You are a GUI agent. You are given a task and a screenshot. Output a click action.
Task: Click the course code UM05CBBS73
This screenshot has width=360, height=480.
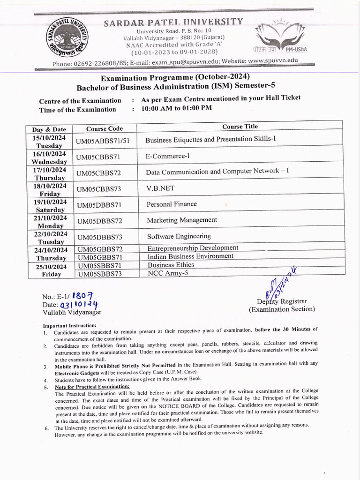tap(98, 189)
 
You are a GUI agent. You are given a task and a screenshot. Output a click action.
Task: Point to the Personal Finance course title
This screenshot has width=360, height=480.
tap(172, 204)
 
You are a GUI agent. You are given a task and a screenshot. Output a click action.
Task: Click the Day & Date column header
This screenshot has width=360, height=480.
tap(49, 129)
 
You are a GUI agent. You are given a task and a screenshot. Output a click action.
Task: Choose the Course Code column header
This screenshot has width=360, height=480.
tap(105, 128)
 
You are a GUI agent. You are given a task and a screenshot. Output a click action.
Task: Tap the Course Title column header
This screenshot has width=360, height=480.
tap(240, 127)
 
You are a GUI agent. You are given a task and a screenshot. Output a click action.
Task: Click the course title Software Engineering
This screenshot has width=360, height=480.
tap(179, 236)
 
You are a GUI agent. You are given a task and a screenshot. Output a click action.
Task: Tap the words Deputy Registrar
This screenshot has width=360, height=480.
tap(282, 301)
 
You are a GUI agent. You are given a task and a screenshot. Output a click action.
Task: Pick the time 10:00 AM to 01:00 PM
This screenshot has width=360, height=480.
tap(176, 108)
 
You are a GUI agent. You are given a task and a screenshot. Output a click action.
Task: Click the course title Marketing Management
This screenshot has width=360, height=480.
tap(182, 220)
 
